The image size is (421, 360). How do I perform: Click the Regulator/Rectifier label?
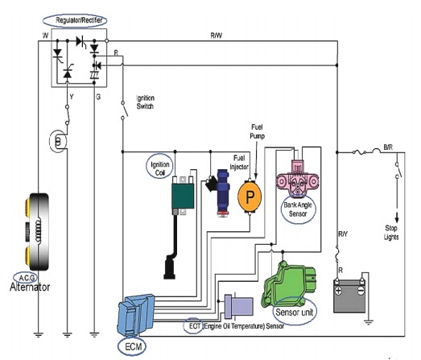click(79, 20)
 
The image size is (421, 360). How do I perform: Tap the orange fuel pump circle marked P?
click(250, 197)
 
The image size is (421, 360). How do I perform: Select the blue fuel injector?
click(223, 193)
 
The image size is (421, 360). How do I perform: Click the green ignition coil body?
click(183, 196)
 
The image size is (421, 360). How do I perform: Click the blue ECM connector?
click(136, 314)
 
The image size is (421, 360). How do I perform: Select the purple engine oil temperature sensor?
click(239, 307)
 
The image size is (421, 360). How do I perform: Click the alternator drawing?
click(38, 232)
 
